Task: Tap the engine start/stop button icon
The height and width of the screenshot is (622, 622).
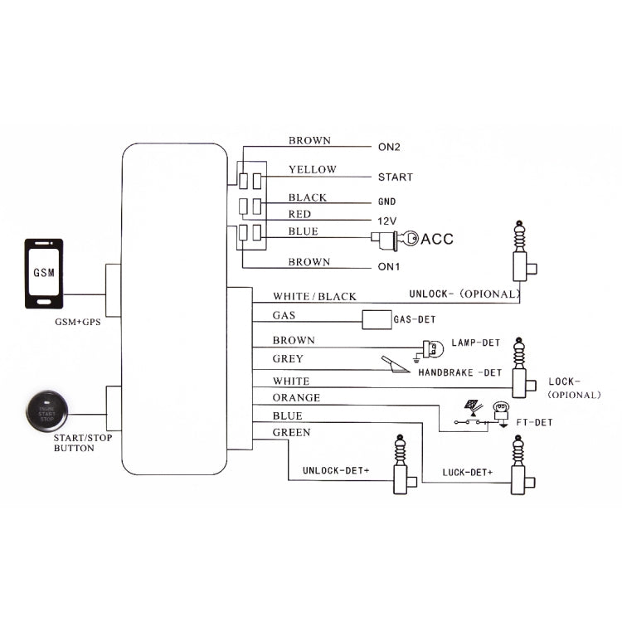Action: [x=46, y=411]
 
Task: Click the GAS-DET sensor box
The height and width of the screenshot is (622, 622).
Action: [x=377, y=318]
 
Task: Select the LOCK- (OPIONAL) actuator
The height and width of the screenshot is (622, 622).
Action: [x=522, y=369]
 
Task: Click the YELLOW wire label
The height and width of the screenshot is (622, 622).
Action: [x=313, y=170]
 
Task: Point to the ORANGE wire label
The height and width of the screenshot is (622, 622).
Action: [x=296, y=398]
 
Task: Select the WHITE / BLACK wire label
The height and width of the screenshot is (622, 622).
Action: [x=314, y=297]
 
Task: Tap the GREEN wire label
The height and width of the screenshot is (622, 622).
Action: [x=292, y=432]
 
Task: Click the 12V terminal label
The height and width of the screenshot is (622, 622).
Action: [x=386, y=221]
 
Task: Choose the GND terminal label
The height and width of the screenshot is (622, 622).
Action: [x=387, y=202]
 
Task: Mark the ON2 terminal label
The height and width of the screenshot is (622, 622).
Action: [x=389, y=148]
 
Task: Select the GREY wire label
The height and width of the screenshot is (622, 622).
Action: [x=288, y=359]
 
